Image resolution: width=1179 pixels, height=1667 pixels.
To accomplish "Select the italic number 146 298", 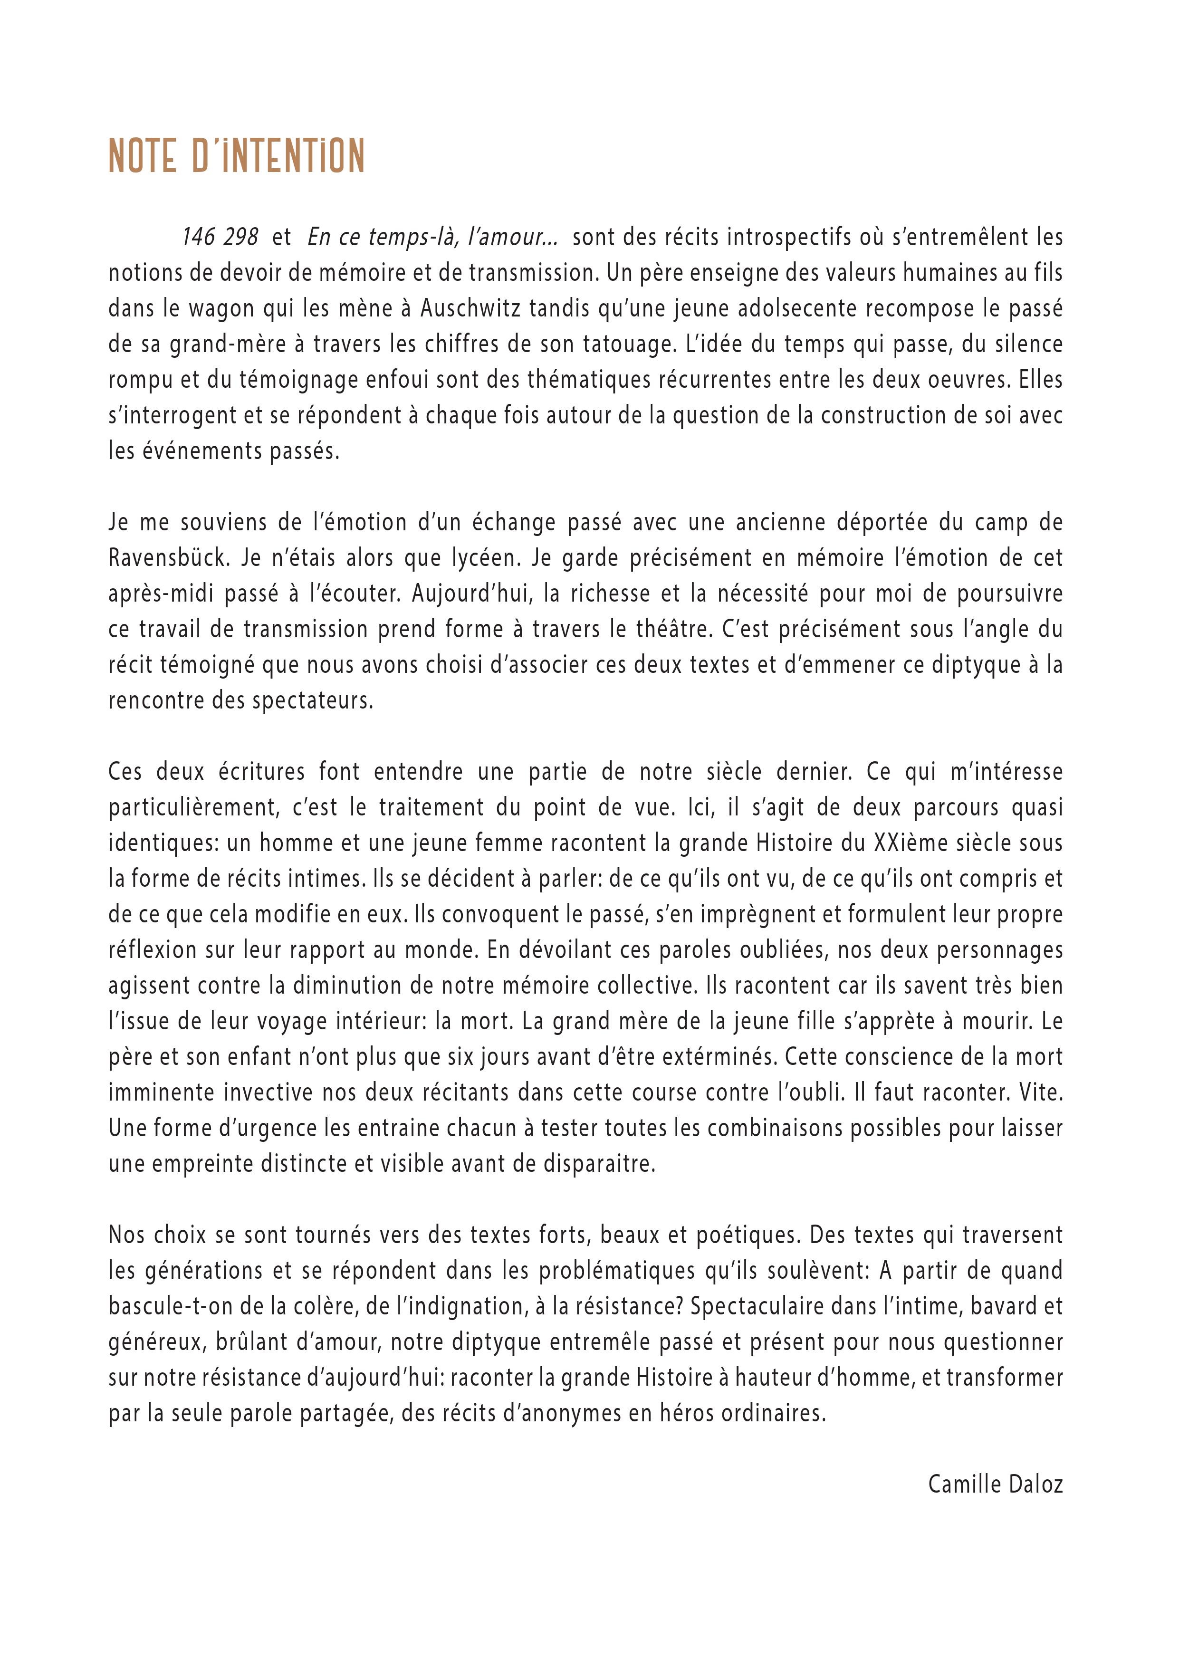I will pyautogui.click(x=220, y=238).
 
